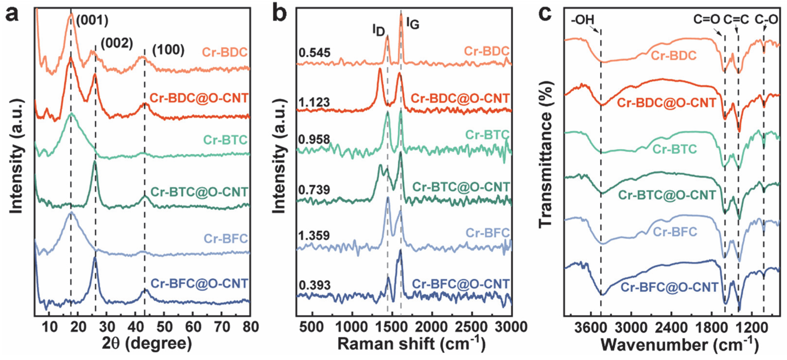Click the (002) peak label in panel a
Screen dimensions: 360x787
[117, 44]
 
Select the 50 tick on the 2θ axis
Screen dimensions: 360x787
[165, 327]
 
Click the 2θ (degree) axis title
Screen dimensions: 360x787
[147, 344]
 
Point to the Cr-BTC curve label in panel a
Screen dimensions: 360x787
[225, 140]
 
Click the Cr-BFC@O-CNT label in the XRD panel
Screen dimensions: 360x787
[199, 284]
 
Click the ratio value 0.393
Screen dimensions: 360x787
[315, 285]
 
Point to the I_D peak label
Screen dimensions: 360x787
[378, 31]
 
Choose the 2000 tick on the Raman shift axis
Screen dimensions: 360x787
[432, 327]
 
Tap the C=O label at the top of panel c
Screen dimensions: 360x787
[707, 20]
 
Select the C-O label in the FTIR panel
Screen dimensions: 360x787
[766, 20]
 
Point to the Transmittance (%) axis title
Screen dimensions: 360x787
[546, 154]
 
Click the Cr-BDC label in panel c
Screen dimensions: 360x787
[674, 56]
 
